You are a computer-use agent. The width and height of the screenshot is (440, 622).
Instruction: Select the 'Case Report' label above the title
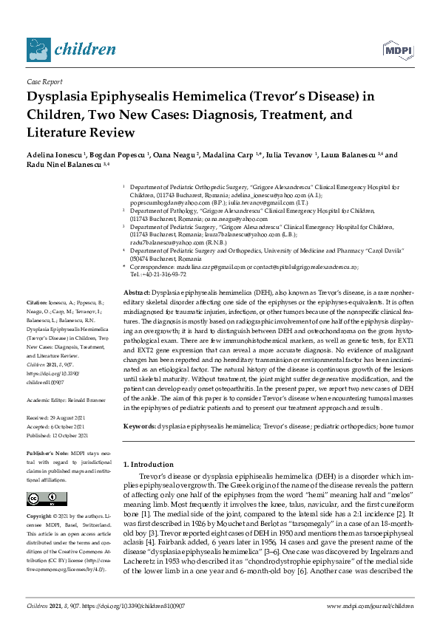tap(44, 83)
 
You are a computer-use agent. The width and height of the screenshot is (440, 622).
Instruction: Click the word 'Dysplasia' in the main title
tap(62, 97)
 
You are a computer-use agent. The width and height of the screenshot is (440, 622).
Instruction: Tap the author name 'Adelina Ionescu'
tap(53, 155)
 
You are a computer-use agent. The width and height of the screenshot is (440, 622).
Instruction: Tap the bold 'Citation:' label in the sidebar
tap(37, 304)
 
